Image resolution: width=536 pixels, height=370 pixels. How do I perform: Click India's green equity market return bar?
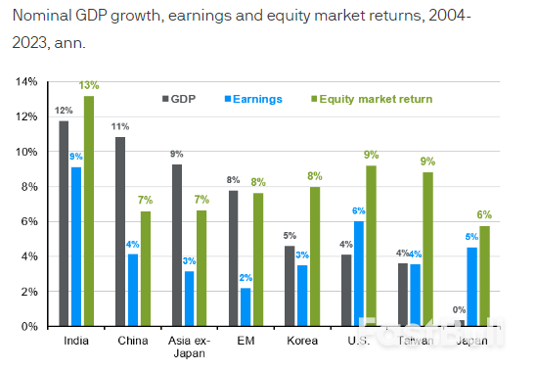[x=89, y=210]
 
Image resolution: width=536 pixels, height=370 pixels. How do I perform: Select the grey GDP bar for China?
[x=120, y=231]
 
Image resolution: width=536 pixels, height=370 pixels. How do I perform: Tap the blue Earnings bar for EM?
[x=246, y=306]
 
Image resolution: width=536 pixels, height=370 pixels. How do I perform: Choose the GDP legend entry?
[x=177, y=99]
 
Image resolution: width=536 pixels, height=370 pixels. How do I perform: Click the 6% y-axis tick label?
[x=26, y=221]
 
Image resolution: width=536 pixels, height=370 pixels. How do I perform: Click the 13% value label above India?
[x=90, y=86]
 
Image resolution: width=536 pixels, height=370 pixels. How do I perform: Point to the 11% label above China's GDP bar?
[x=120, y=127]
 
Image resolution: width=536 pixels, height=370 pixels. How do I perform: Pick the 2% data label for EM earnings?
[x=246, y=278]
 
